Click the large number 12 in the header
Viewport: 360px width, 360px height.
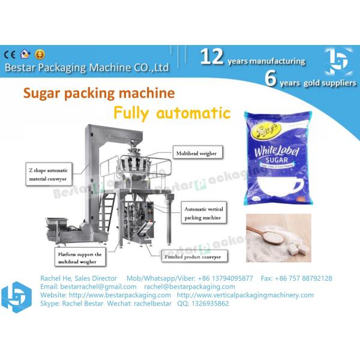pos(212,57)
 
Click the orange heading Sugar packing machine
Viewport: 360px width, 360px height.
pos(99,93)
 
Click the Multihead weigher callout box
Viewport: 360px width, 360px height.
pos(195,153)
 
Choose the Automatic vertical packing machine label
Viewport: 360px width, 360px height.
pos(205,214)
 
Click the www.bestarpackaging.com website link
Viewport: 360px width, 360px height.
pos(120,295)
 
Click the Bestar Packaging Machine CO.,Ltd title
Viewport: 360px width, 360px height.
pos(86,68)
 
